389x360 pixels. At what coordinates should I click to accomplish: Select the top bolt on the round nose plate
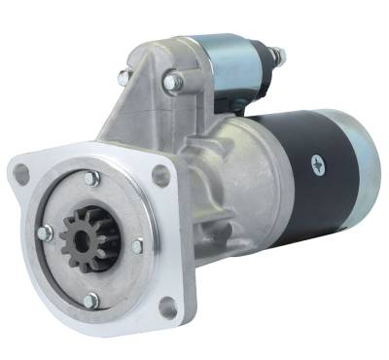click(90, 179)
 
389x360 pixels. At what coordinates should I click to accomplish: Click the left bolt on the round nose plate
click(44, 233)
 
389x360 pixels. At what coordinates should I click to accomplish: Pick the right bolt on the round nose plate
click(137, 247)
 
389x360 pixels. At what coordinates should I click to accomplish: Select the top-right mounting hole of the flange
click(160, 174)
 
